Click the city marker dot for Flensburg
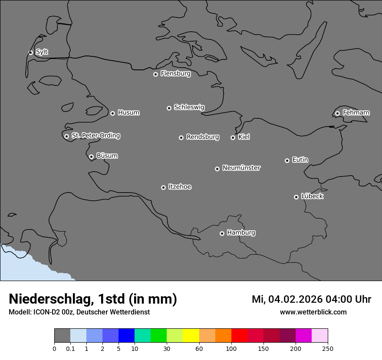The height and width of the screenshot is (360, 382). pyautogui.click(x=155, y=74)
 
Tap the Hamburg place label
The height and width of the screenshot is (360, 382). pyautogui.click(x=241, y=232)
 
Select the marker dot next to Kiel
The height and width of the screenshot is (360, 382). pyautogui.click(x=233, y=137)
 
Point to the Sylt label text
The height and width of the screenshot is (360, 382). pyautogui.click(x=42, y=52)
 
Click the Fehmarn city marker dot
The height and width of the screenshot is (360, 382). pyautogui.click(x=337, y=113)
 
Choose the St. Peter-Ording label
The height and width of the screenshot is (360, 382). pyautogui.click(x=95, y=135)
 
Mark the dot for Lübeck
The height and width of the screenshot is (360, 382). pyautogui.click(x=296, y=197)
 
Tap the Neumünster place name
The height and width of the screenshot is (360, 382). pyautogui.click(x=241, y=167)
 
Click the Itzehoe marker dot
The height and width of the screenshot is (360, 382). pyautogui.click(x=163, y=187)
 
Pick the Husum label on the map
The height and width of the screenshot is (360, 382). pyautogui.click(x=128, y=113)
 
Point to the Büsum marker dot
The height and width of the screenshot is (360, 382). pyautogui.click(x=91, y=157)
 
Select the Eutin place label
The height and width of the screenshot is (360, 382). pyautogui.click(x=300, y=160)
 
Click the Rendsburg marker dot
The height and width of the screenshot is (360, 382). pyautogui.click(x=181, y=137)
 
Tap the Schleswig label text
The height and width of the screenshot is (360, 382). pyautogui.click(x=189, y=107)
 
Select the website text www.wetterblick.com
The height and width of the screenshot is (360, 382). pyautogui.click(x=313, y=312)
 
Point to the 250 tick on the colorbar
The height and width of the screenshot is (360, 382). pyautogui.click(x=328, y=349)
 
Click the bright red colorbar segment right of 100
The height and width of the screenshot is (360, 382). pyautogui.click(x=239, y=336)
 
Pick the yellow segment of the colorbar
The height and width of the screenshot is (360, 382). pyautogui.click(x=191, y=336)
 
